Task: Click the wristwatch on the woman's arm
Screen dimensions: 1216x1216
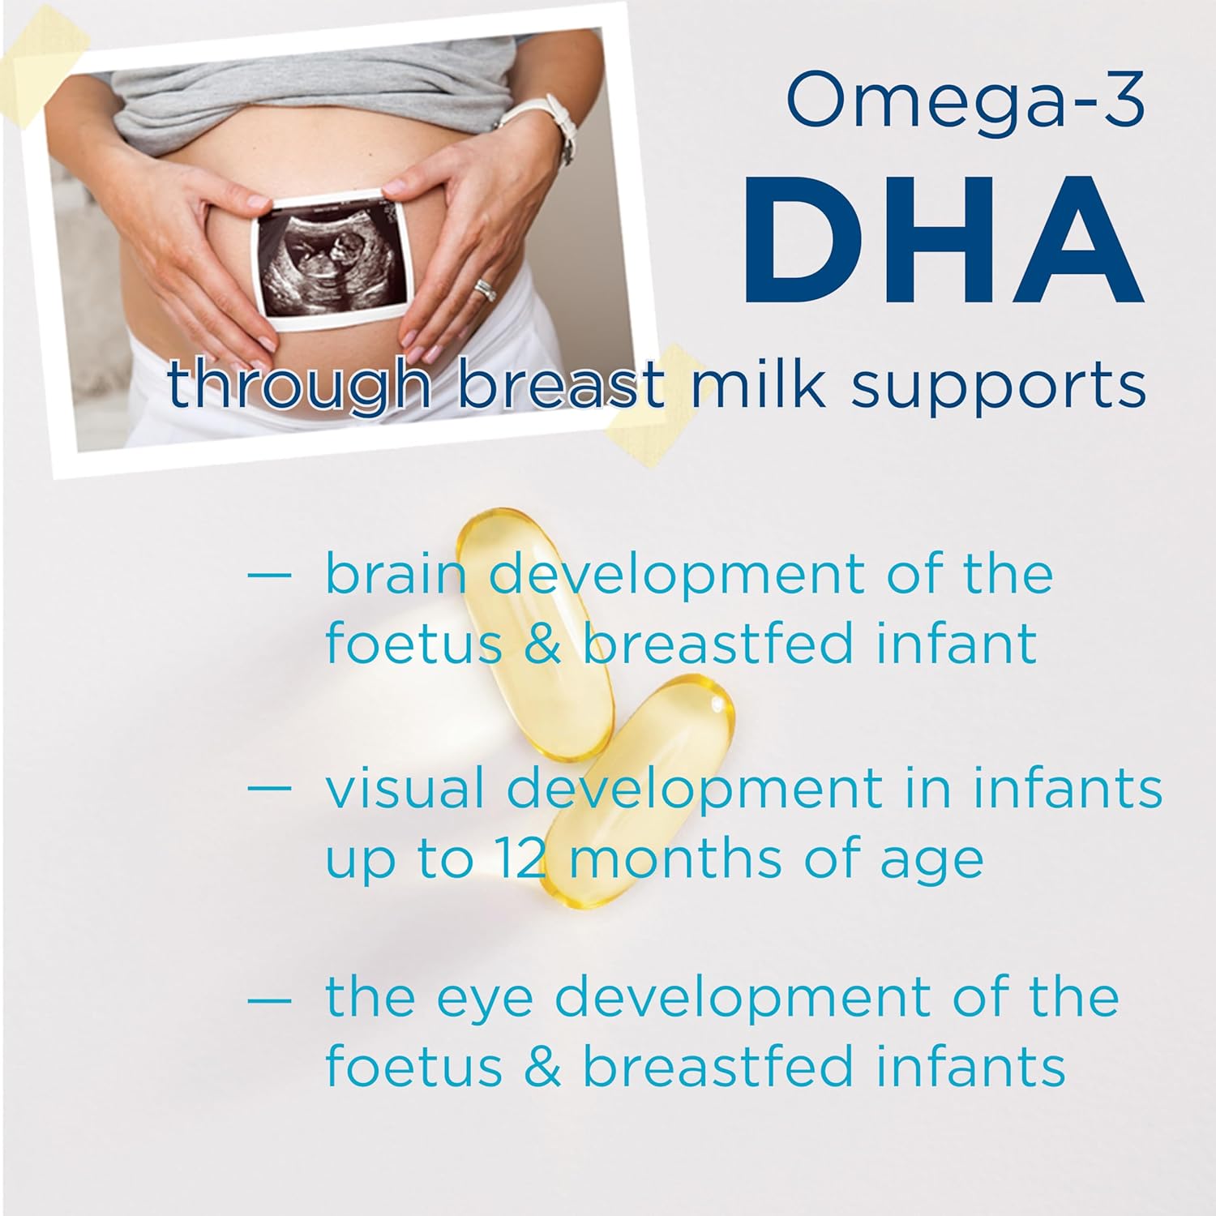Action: coord(544,122)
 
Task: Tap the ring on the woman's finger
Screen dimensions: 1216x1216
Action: coord(485,289)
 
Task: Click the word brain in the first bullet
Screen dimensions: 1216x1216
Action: coord(396,574)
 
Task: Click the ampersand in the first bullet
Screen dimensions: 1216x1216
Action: coord(542,644)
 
